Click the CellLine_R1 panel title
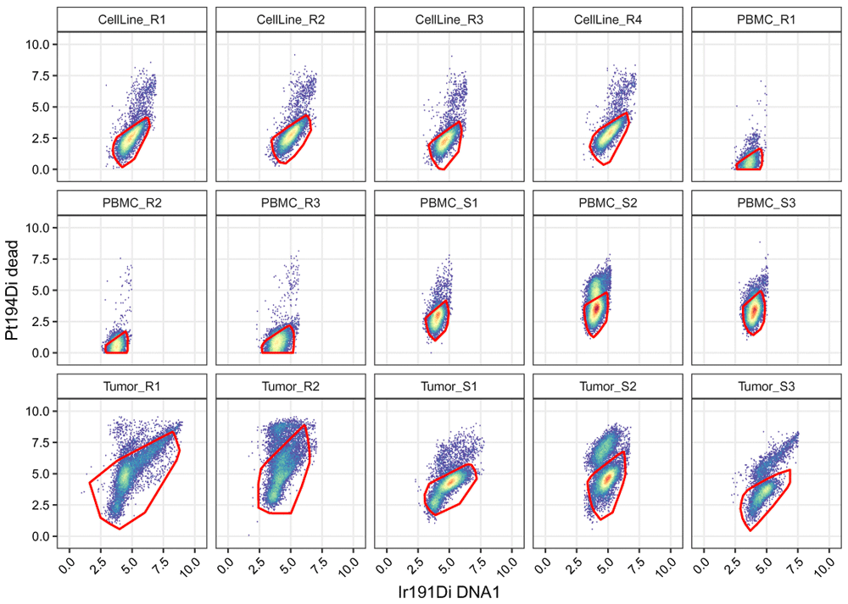point(132,19)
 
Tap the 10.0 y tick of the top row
point(41,44)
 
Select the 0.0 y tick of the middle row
point(41,352)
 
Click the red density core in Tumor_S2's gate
point(605,479)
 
